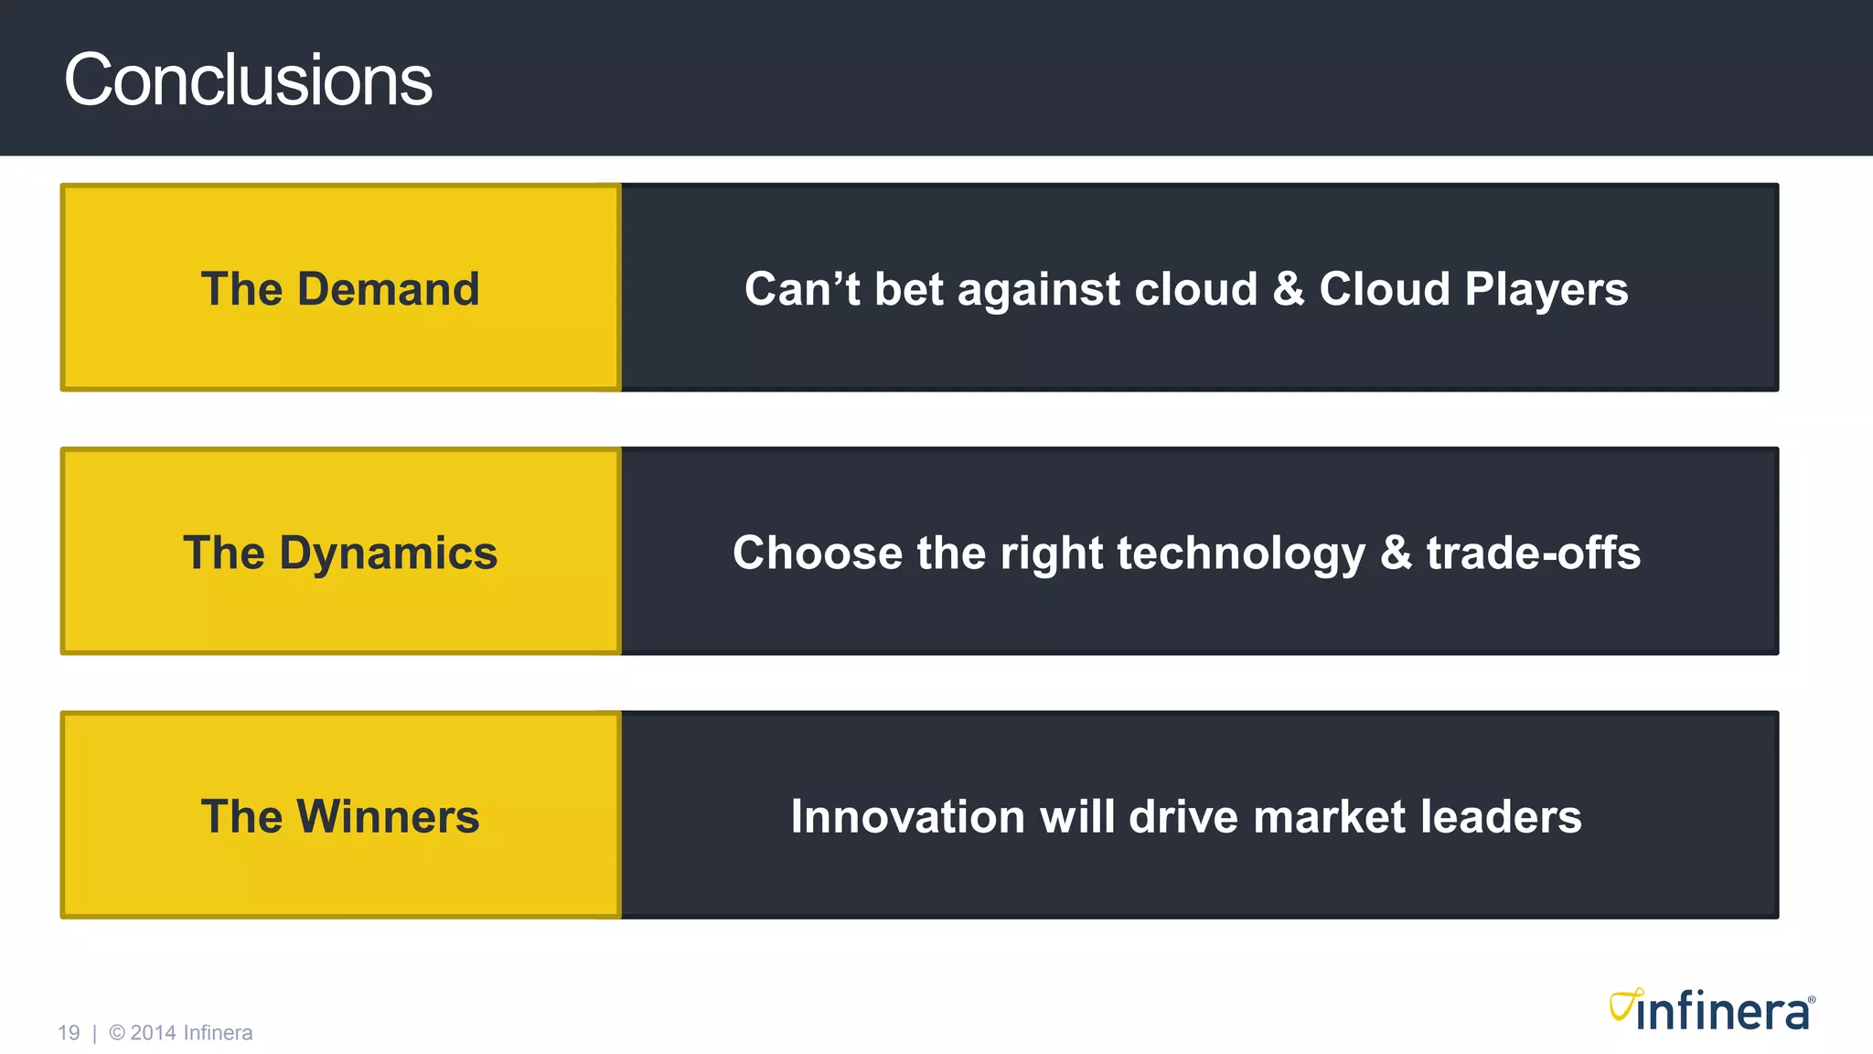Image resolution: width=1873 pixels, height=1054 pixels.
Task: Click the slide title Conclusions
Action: [247, 81]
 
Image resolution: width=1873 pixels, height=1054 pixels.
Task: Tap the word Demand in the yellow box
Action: [388, 289]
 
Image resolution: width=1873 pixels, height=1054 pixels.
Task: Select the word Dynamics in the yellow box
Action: [388, 554]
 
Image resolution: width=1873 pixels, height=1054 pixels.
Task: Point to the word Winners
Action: [388, 817]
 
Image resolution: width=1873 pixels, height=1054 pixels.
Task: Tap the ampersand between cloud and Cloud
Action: [1288, 289]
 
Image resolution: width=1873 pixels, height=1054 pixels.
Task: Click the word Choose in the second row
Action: [817, 554]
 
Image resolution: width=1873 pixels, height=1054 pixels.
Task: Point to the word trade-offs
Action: [1533, 554]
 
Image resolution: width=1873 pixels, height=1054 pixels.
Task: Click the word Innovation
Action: [907, 817]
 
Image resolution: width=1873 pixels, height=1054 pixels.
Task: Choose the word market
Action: [1328, 817]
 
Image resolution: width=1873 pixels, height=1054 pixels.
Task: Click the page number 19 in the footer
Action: [69, 1033]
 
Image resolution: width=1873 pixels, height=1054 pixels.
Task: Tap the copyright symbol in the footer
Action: [117, 1033]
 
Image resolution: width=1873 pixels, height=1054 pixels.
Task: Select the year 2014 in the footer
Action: [153, 1033]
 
